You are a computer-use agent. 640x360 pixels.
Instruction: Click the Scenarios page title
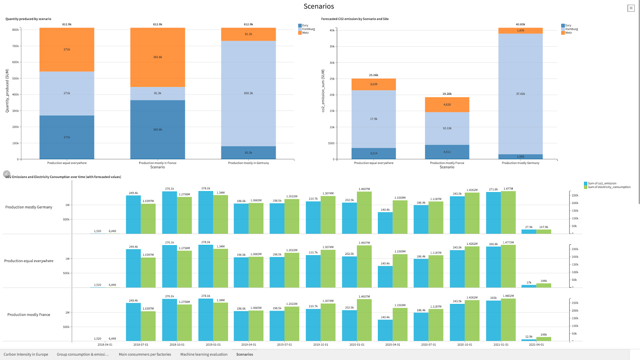coord(319,6)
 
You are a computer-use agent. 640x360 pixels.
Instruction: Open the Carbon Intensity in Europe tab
coord(26,354)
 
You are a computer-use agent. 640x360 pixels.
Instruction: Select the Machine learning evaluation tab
coord(204,354)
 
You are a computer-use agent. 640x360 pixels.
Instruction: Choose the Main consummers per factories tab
coord(145,354)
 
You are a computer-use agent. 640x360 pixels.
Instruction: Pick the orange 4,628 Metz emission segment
coord(447,105)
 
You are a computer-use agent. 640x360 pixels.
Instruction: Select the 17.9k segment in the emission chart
coord(374,119)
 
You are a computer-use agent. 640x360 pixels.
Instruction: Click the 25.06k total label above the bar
coord(374,75)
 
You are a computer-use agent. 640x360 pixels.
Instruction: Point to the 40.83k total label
coord(520,24)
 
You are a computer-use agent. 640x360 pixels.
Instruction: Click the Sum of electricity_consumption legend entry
coord(609,187)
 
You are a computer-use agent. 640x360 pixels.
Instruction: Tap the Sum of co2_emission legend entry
coord(602,184)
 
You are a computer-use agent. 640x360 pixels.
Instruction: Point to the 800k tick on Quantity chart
coord(15,30)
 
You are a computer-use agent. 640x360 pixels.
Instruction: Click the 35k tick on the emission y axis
coord(332,46)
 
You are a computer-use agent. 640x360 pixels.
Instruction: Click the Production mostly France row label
coord(29,315)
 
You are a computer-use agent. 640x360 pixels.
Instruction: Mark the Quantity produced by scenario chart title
coord(28,19)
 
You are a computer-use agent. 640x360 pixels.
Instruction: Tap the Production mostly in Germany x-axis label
coord(248,163)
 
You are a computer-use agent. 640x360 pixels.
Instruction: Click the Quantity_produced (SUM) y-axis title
coord(7,91)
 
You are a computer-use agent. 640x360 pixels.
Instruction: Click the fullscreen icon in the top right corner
coord(631,8)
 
